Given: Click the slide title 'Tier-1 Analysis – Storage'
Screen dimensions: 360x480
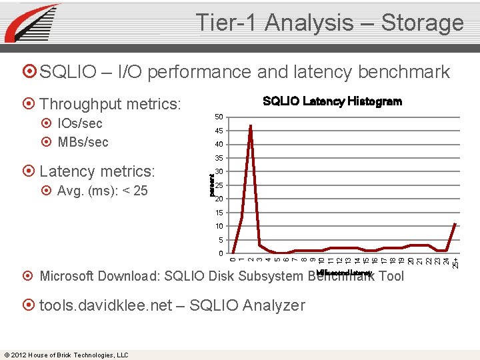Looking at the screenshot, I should (329, 23).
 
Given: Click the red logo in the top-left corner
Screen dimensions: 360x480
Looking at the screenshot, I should (31, 23).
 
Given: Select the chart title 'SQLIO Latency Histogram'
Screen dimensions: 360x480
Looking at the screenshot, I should (332, 101).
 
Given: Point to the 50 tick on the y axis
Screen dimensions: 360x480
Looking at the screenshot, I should (219, 117).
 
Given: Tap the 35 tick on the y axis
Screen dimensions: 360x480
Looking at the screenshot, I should (219, 159).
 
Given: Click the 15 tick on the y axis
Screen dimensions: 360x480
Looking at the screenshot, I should (219, 213).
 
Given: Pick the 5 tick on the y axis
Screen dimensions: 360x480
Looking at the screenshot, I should (221, 241).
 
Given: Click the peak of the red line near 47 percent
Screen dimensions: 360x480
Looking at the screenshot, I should (251, 125).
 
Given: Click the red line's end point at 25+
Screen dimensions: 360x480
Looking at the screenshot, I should (455, 224).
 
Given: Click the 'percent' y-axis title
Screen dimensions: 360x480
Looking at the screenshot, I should (211, 185).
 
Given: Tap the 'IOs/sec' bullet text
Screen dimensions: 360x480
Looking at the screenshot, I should (80, 123).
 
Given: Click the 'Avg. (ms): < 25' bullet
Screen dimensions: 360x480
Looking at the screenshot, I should (102, 191).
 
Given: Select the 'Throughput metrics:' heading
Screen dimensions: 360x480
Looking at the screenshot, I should (110, 104).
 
